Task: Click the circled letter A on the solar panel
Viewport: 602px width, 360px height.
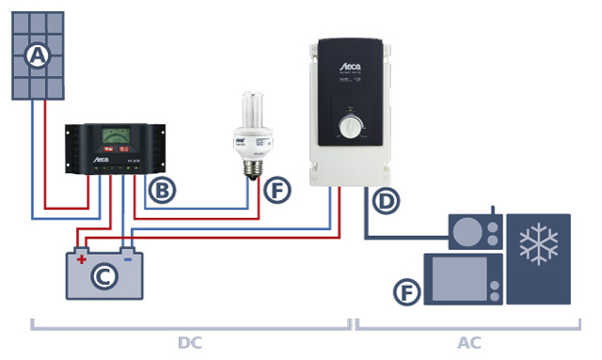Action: click(37, 55)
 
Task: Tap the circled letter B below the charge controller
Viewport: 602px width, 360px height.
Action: click(162, 191)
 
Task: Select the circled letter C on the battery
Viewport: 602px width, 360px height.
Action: click(104, 277)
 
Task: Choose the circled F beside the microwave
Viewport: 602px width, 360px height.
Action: click(405, 292)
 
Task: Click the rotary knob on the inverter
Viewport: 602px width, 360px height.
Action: click(349, 128)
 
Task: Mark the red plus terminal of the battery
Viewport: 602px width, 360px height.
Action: click(82, 255)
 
